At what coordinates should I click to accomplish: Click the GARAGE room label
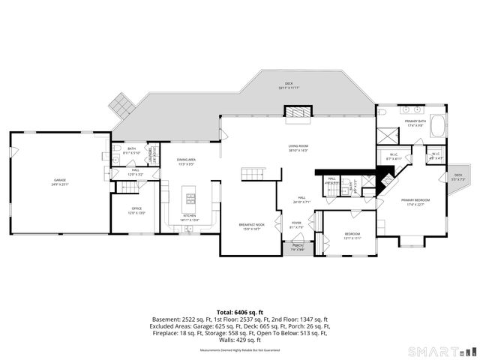(x=59, y=181)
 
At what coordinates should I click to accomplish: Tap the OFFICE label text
(x=136, y=209)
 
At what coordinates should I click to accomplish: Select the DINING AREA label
(x=186, y=161)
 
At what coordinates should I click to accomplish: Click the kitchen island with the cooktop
(x=190, y=199)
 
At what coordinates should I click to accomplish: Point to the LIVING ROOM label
(x=298, y=148)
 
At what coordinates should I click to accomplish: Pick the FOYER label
(x=297, y=223)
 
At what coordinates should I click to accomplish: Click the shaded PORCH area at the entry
(x=298, y=247)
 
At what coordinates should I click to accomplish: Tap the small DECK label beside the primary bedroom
(x=458, y=177)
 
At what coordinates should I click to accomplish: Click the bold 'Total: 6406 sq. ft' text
(x=239, y=310)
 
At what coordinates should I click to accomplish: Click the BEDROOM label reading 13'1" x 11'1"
(x=352, y=235)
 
